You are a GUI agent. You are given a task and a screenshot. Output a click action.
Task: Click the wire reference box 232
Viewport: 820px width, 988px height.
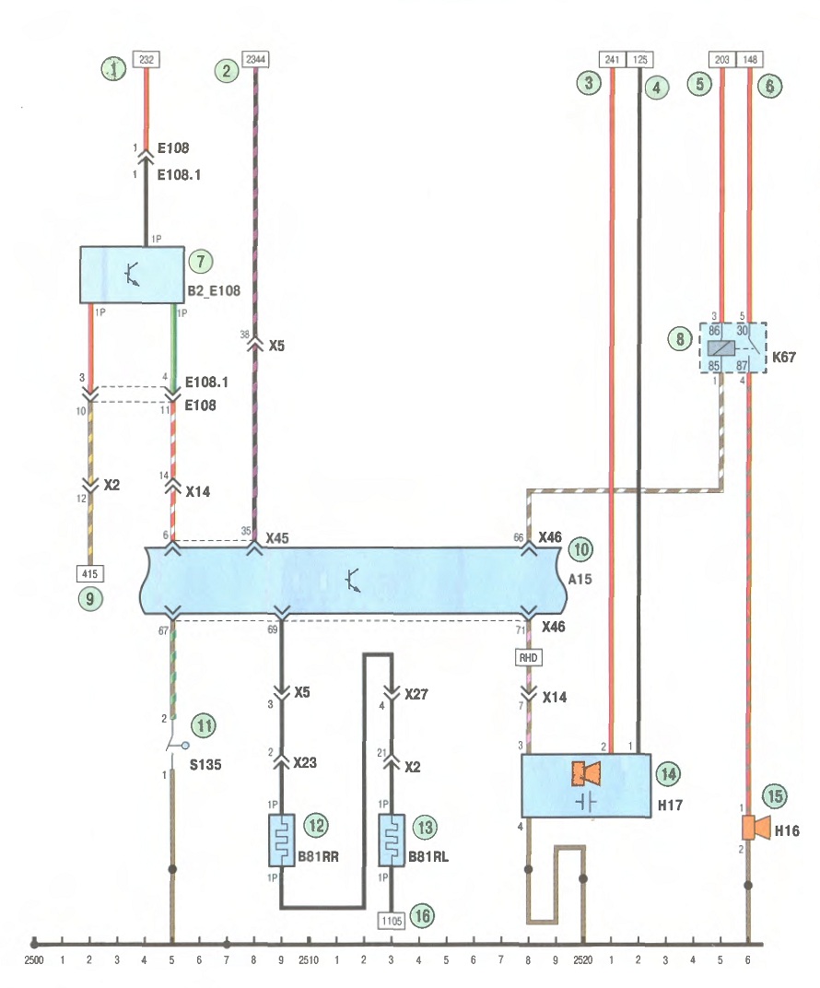pos(146,59)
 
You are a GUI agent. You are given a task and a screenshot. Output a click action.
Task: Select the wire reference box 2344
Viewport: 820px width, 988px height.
pos(255,59)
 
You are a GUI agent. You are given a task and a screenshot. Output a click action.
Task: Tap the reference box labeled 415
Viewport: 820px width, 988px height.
pos(89,573)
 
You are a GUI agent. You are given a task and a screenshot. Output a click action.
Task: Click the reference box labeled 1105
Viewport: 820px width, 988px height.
pos(391,921)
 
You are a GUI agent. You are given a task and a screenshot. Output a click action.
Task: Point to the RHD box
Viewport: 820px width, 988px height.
pos(528,658)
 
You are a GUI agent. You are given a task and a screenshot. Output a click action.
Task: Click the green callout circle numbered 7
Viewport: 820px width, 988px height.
pos(201,261)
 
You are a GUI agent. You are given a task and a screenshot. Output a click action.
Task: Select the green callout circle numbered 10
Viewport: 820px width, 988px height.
pos(580,549)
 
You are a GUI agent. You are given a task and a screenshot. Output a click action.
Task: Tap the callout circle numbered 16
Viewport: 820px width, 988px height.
pos(422,915)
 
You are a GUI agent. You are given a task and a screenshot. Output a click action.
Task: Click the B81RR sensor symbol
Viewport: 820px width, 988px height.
pos(282,841)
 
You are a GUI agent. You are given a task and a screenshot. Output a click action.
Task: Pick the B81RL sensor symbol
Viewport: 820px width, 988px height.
pos(391,841)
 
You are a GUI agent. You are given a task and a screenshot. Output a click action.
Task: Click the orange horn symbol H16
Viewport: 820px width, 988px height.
pos(756,828)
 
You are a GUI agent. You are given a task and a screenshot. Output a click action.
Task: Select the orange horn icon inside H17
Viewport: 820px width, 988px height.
pos(586,774)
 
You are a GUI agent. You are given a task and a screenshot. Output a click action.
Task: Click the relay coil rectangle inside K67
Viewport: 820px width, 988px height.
pos(720,347)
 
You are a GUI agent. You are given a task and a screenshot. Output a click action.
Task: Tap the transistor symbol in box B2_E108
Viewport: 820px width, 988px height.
pos(132,275)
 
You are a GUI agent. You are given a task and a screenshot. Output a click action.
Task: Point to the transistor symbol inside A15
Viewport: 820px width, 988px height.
pos(353,581)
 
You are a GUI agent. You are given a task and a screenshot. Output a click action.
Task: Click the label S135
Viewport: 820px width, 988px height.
pos(205,764)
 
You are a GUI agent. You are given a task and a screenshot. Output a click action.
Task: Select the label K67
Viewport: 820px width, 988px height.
pos(784,358)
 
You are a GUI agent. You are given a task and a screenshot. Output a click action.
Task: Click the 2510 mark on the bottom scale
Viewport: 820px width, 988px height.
pos(309,960)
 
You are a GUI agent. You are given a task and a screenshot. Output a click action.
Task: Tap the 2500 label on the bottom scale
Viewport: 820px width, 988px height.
pos(34,960)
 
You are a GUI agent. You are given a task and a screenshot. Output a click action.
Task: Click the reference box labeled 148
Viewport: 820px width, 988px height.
pos(749,59)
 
